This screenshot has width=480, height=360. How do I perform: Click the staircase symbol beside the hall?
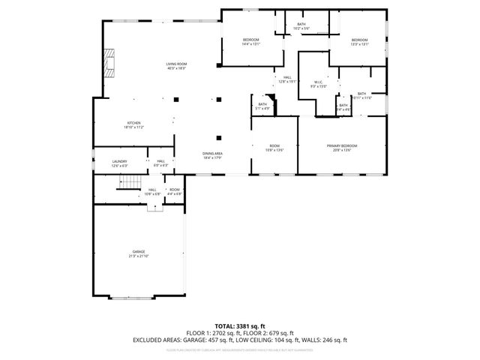click(x=133, y=183)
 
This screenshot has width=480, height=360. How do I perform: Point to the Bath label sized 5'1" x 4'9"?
click(x=262, y=106)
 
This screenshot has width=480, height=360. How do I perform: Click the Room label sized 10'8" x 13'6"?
click(x=274, y=147)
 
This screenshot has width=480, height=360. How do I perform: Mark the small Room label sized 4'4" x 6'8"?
click(x=174, y=191)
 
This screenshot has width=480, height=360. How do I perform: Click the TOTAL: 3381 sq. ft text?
click(x=240, y=326)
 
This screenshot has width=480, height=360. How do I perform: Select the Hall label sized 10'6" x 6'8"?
click(x=152, y=191)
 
